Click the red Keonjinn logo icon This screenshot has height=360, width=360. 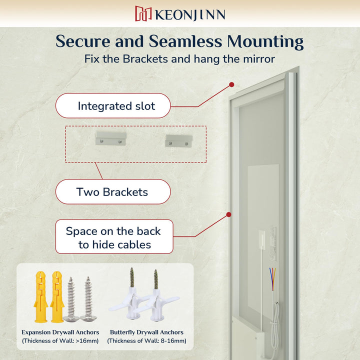[143, 13]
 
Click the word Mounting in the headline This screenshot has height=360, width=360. [265, 42]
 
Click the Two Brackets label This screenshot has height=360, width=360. [113, 191]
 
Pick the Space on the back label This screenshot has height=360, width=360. [114, 236]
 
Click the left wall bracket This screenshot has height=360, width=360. [111, 138]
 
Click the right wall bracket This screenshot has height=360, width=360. [179, 140]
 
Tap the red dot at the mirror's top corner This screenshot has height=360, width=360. [231, 84]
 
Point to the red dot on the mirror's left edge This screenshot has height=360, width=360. [228, 214]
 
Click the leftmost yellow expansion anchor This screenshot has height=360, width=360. [41, 297]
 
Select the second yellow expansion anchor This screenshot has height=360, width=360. [57, 297]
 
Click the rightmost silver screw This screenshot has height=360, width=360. [88, 299]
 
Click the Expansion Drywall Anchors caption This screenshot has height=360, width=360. [60, 332]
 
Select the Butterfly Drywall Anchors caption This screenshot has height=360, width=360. [146, 332]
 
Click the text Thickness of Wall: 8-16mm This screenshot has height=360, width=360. [146, 340]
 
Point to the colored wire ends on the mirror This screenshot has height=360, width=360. [272, 278]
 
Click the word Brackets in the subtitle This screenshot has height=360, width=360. [145, 59]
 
